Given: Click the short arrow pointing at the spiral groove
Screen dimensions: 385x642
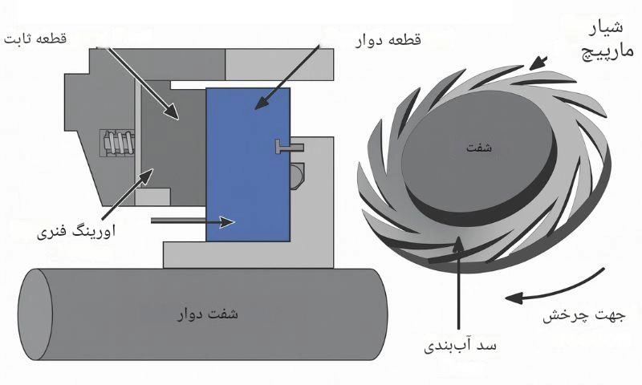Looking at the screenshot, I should pos(539,62).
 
